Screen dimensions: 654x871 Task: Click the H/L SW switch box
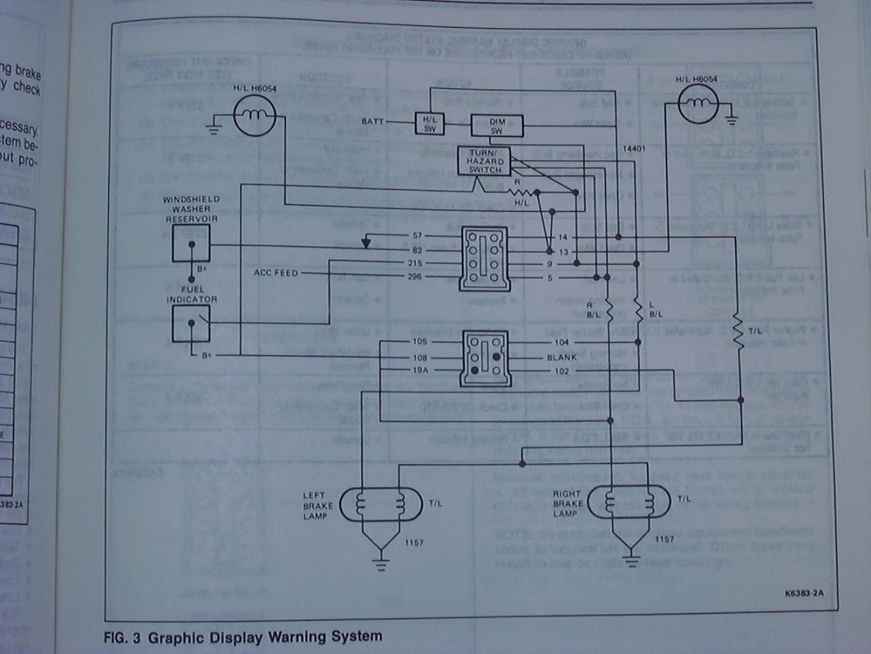(430, 123)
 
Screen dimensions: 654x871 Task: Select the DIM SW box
(491, 126)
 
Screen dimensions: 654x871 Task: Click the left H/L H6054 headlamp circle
(254, 118)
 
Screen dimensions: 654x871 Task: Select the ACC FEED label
(277, 272)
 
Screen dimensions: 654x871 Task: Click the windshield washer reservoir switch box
(191, 242)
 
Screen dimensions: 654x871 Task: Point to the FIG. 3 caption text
(243, 637)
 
